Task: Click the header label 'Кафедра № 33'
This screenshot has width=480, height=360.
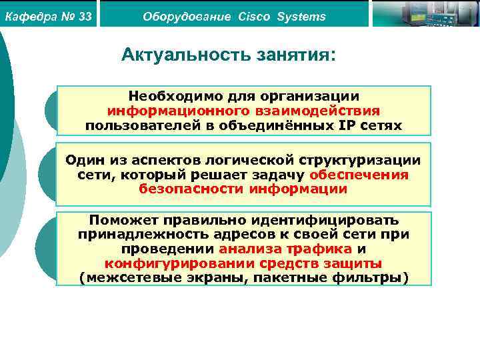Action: pyautogui.click(x=48, y=16)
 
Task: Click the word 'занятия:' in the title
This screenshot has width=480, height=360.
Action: pyautogui.click(x=297, y=55)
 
